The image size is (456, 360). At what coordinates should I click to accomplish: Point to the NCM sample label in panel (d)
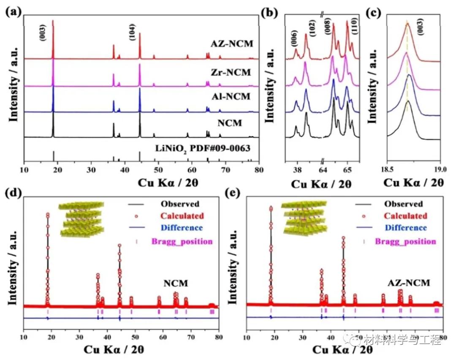pos(176,283)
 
